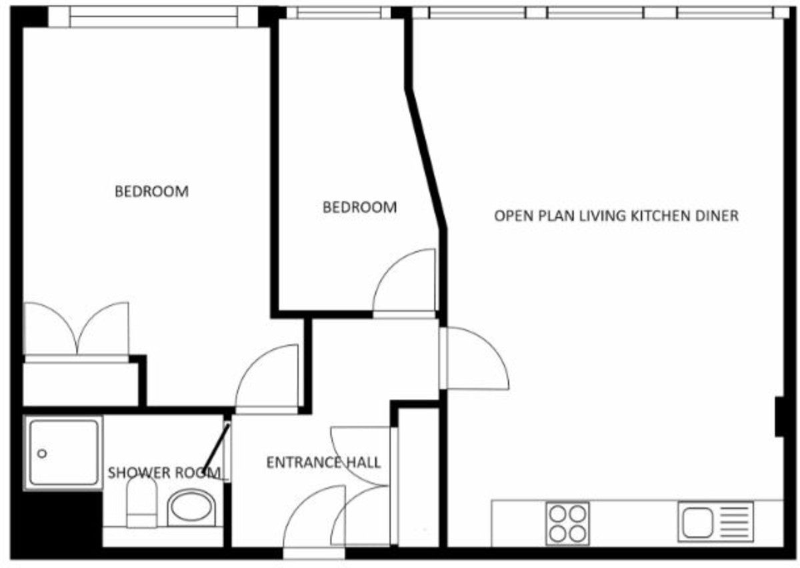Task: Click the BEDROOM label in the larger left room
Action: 151,192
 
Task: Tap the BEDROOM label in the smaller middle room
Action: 359,207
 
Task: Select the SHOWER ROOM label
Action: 164,473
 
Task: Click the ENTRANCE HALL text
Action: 323,462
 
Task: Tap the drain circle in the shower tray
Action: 42,453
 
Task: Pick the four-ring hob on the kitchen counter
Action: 567,523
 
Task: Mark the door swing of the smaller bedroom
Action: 403,282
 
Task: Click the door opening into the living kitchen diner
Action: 475,360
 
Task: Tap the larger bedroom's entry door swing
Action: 267,378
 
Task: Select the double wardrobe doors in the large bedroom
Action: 77,330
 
